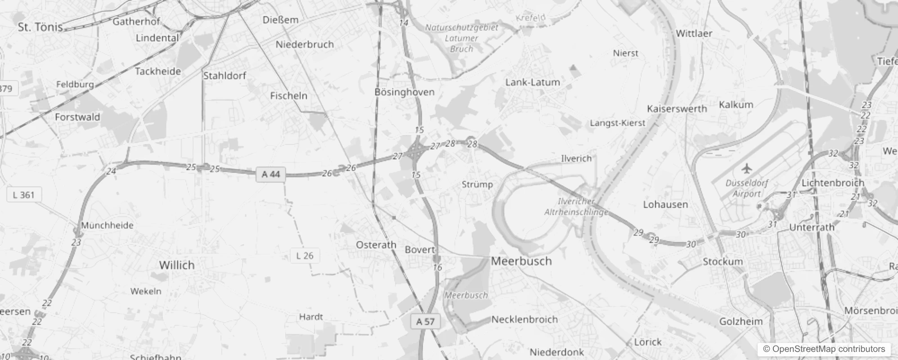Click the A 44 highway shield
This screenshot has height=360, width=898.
click(x=271, y=174)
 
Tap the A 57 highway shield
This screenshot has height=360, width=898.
click(x=425, y=321)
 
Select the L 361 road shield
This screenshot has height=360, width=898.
click(x=24, y=195)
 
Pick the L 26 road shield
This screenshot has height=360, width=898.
click(x=305, y=256)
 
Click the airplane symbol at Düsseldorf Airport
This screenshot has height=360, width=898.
click(x=747, y=169)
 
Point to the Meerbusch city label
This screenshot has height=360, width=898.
click(x=521, y=261)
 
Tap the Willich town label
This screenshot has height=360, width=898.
click(x=177, y=265)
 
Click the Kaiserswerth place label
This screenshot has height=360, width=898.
click(x=677, y=109)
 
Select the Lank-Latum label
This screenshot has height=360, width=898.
click(x=532, y=82)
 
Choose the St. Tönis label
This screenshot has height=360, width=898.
click(x=40, y=27)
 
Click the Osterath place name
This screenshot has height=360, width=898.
click(x=376, y=245)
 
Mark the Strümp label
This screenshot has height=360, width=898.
click(x=477, y=184)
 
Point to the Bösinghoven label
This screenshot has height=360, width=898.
click(x=404, y=92)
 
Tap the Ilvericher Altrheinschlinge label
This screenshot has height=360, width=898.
click(x=576, y=207)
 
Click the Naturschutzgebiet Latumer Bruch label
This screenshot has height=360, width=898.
click(x=462, y=38)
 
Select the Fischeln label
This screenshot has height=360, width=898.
click(x=288, y=96)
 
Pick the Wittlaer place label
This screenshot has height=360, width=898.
click(x=694, y=33)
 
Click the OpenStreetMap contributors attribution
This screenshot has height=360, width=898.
click(x=823, y=349)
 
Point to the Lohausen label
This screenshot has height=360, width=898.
click(x=665, y=205)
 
